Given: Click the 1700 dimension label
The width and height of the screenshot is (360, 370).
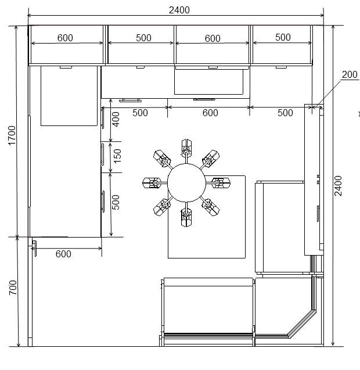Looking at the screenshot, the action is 12,135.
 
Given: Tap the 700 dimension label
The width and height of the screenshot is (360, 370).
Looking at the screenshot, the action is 13,288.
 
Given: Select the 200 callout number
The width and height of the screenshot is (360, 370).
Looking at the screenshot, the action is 350,74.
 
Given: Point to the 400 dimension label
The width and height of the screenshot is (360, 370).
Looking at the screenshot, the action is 116,119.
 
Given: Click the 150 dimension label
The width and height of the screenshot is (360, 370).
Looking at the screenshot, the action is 117,156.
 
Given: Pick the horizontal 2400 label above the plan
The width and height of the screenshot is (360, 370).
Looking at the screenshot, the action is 179,10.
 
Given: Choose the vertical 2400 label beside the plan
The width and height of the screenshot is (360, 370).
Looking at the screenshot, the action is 338,186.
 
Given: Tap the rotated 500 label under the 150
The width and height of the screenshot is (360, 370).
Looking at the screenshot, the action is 116,203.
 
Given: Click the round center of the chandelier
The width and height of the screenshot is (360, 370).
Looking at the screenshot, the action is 186,182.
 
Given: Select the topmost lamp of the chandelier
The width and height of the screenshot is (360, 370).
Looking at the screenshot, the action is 186,146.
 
